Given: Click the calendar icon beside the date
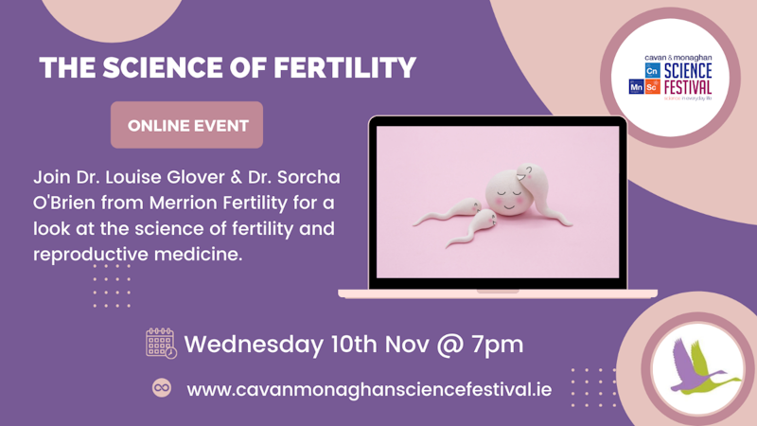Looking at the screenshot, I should [x=161, y=343].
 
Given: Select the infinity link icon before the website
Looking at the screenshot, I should [x=162, y=388].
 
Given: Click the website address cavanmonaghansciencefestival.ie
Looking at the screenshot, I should [x=369, y=389].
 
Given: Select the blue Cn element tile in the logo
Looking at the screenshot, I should [x=652, y=71].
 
